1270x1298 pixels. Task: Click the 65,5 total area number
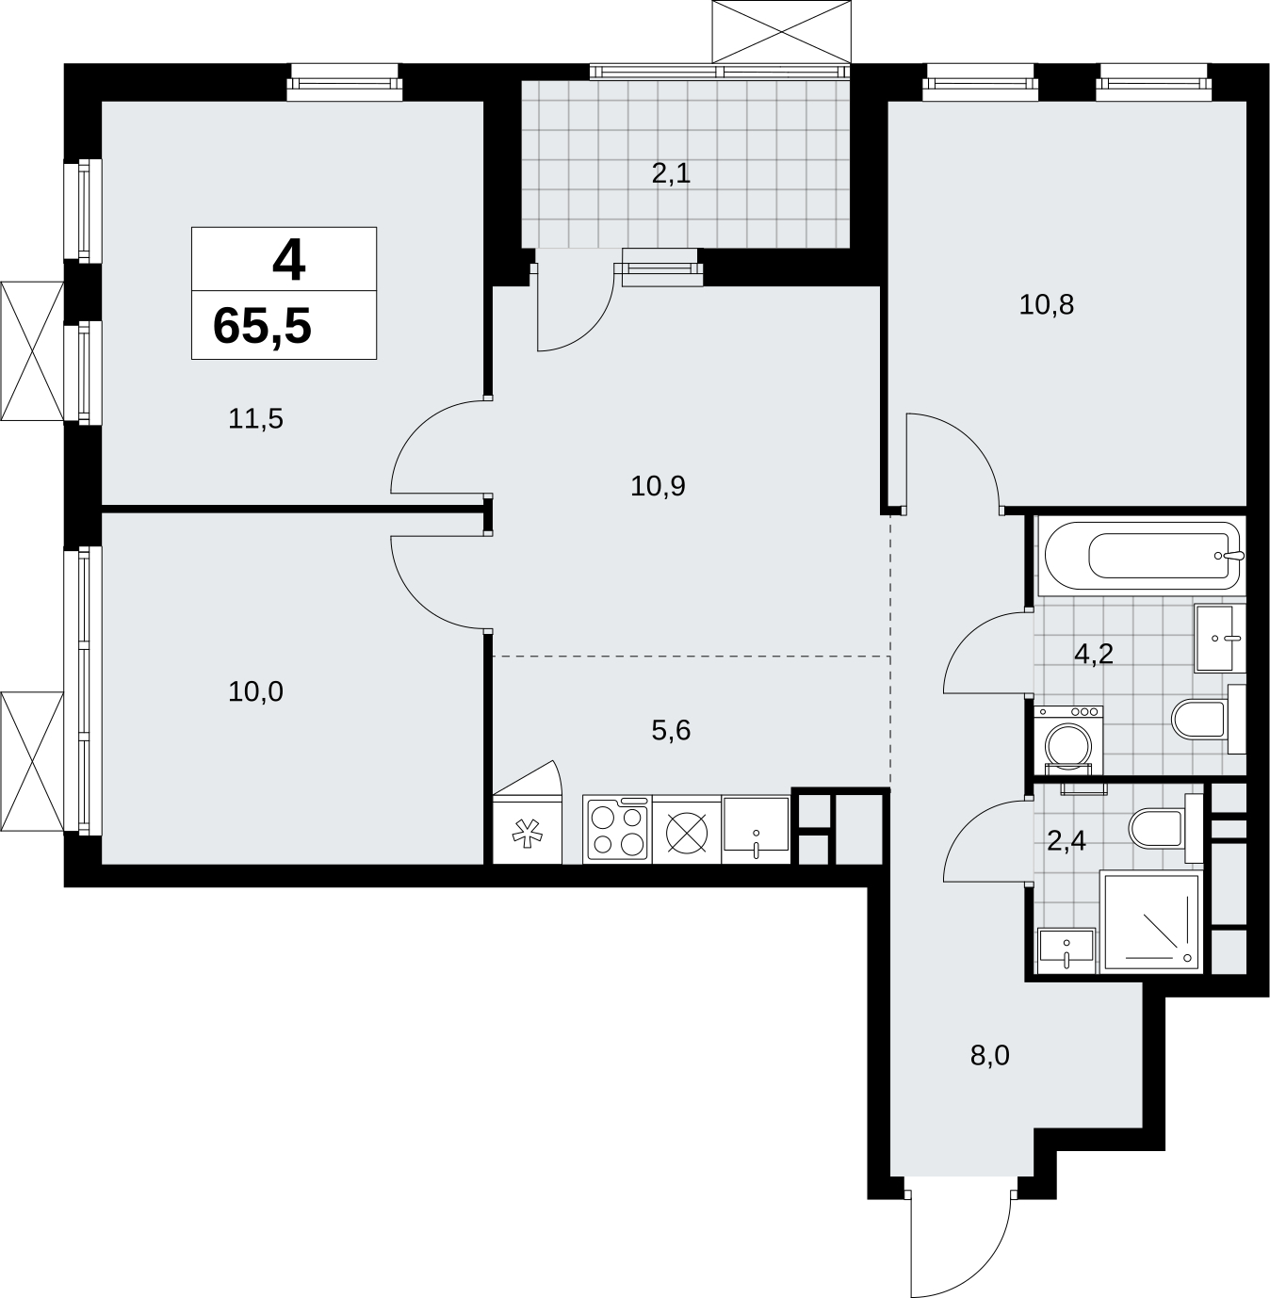tap(262, 327)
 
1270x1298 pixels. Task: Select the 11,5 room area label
tap(255, 419)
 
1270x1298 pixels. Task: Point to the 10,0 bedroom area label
tap(255, 691)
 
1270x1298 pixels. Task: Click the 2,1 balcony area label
tap(671, 174)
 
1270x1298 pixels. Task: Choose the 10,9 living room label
tap(658, 486)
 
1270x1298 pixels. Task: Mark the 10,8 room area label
tap(1047, 305)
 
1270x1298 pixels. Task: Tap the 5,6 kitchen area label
tap(671, 731)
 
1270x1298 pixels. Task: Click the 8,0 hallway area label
tap(990, 1075)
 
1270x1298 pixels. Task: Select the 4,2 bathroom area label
tap(1094, 655)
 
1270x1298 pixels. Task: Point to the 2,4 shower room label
tap(1066, 842)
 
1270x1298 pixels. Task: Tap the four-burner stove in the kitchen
tap(617, 829)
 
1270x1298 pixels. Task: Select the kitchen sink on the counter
tap(756, 829)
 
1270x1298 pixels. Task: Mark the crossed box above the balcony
tap(782, 31)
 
